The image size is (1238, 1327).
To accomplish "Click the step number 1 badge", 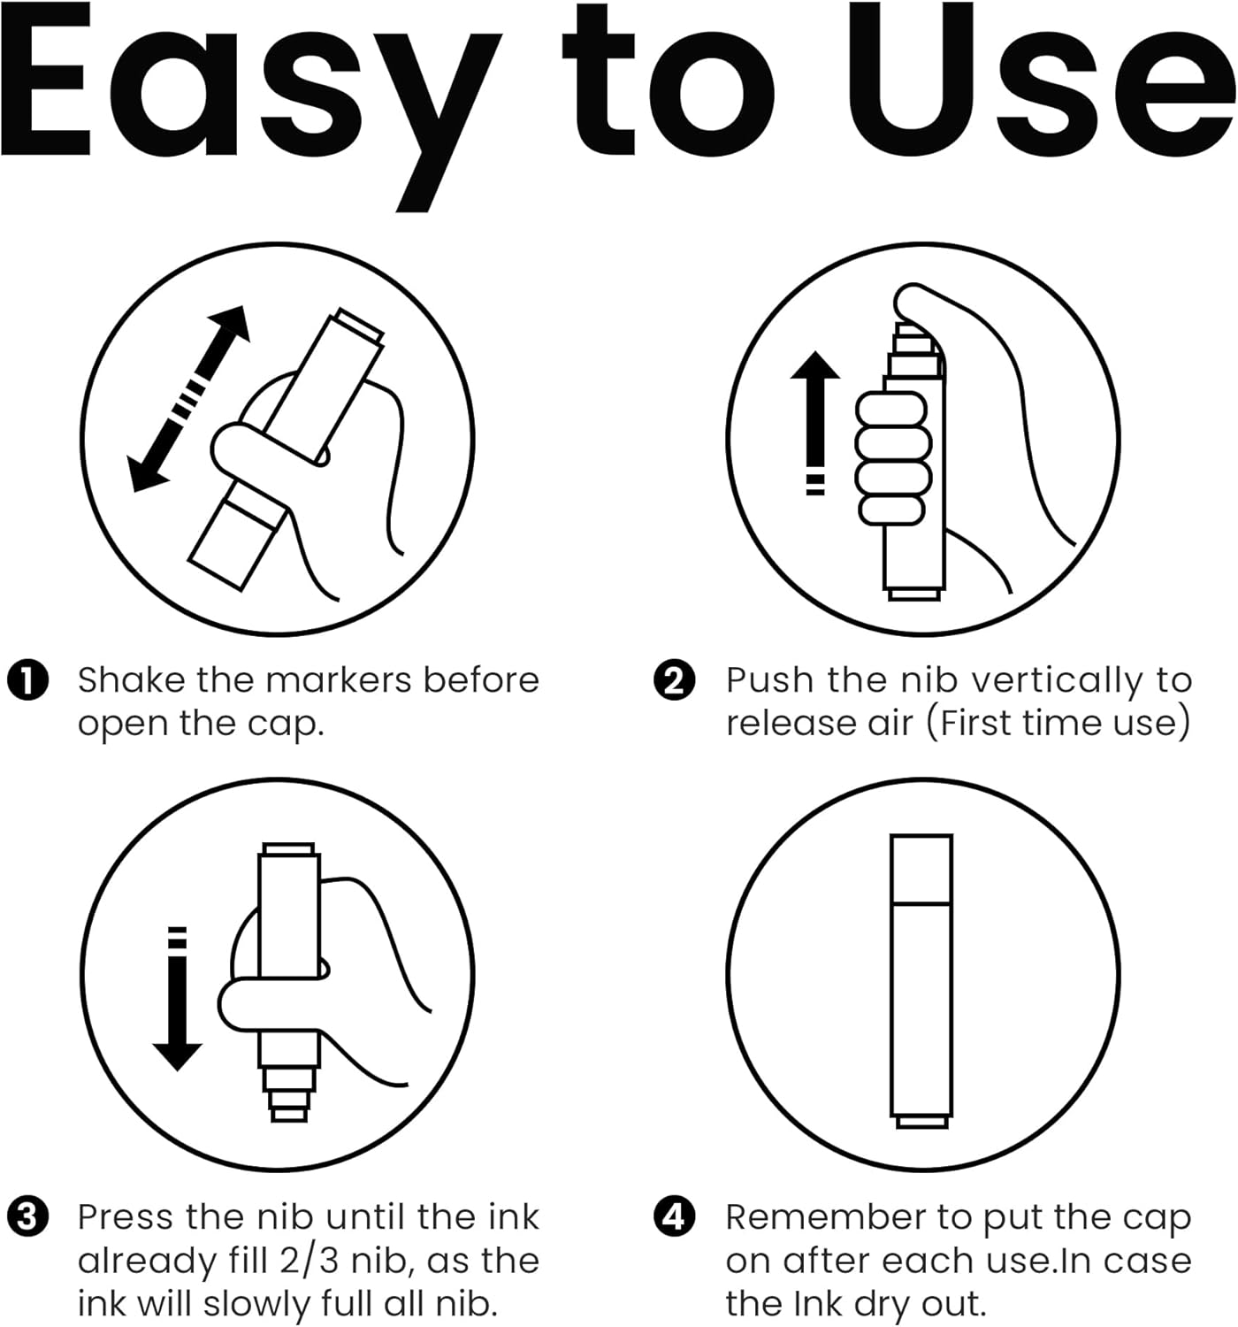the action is point(27,680).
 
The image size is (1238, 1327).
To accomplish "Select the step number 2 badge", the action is point(674,680).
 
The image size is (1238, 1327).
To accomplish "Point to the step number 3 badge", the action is point(27,1217).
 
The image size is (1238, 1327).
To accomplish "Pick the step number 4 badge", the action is point(674,1217).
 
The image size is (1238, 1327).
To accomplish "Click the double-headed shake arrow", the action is point(188,399).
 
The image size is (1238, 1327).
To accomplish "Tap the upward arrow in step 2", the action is point(815,422).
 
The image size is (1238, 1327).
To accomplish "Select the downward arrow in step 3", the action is point(177,999).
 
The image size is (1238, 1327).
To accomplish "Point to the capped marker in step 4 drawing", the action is point(921,981).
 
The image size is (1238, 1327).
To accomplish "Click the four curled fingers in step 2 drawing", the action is point(892,458).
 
